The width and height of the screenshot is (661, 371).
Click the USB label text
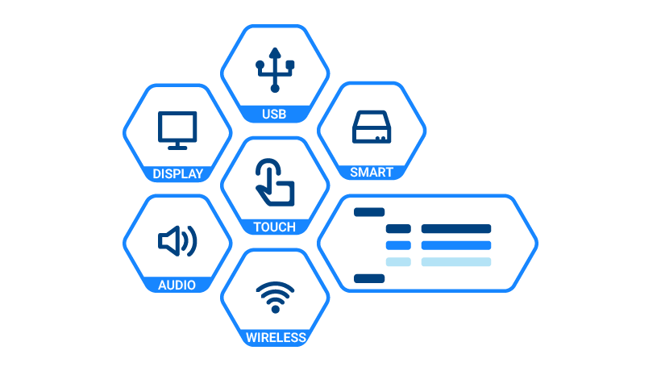274,115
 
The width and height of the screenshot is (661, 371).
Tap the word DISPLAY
178,173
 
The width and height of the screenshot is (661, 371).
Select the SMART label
372,172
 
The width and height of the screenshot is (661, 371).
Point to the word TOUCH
274,227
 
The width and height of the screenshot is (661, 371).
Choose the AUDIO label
177,286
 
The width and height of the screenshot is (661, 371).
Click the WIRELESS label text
276,338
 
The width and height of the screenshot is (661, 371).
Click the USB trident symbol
275,69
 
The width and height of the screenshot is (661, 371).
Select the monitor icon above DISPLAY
177,131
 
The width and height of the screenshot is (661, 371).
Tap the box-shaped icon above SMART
372,127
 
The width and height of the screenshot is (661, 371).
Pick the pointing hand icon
275,182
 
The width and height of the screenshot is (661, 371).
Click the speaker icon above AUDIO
177,241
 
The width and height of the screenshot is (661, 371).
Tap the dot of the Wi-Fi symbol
275,310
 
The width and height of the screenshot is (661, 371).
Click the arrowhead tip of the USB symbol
275,48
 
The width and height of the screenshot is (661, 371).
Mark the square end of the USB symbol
290,65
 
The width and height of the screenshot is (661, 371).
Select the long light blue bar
456,262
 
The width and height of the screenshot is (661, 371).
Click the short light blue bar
398,262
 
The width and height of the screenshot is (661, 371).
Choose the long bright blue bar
456,245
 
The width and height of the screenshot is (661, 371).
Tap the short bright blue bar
398,245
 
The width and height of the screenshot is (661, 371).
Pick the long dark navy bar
456,229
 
